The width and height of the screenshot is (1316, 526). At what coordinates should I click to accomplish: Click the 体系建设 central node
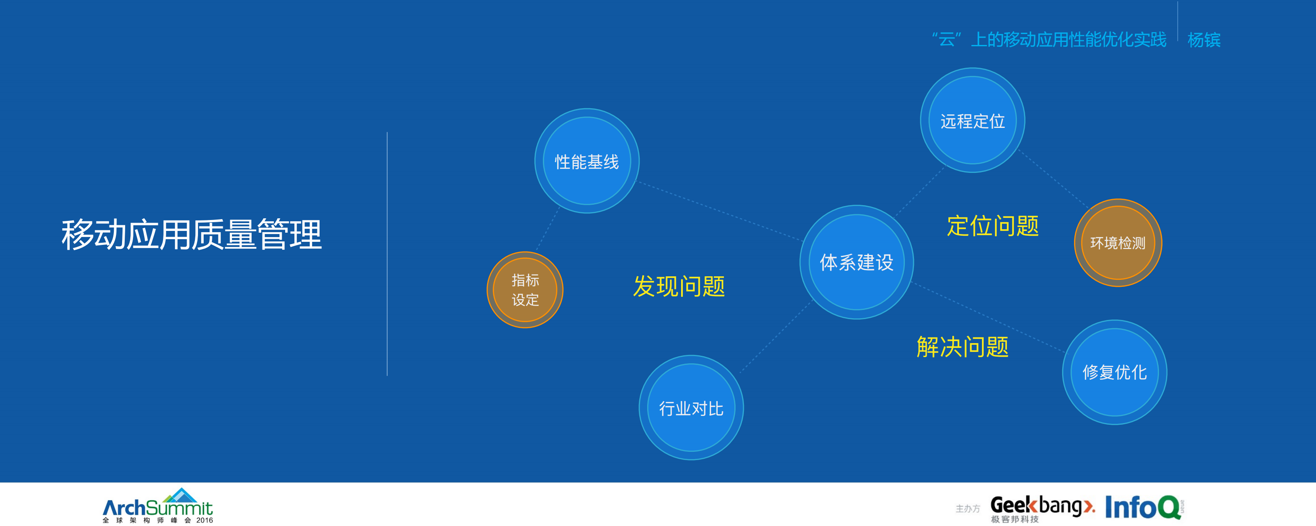[856, 262]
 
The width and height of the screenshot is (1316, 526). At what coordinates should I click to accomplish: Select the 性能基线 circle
[586, 161]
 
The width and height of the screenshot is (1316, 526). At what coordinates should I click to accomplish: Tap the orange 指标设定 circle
[525, 290]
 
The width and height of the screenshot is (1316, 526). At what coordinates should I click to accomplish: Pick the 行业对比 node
[691, 408]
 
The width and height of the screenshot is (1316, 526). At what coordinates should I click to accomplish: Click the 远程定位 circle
[972, 120]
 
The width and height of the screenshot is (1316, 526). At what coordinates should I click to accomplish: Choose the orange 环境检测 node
[1118, 243]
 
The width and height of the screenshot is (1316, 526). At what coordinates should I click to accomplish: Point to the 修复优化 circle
[1114, 372]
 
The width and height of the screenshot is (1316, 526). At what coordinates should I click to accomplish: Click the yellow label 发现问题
[679, 286]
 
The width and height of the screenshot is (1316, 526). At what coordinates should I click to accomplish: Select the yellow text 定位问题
[992, 226]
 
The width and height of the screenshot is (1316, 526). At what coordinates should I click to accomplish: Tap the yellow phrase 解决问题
[962, 347]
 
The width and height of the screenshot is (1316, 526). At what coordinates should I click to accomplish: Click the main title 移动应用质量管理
[191, 235]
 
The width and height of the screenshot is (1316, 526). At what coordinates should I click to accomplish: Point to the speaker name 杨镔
[1203, 40]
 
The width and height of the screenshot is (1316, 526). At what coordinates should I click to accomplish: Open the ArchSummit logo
[158, 506]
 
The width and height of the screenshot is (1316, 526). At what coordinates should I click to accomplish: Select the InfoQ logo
[1143, 507]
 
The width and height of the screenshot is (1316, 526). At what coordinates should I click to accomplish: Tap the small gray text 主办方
[968, 509]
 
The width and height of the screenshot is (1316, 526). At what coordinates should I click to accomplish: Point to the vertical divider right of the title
[387, 254]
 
